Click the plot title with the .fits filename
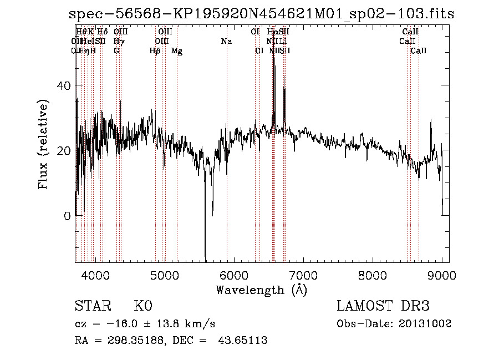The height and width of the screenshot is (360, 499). (x=261, y=14)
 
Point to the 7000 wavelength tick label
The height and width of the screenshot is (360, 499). (x=303, y=275)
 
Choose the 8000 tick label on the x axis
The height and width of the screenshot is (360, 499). (x=373, y=275)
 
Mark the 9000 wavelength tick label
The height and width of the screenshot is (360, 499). (x=442, y=275)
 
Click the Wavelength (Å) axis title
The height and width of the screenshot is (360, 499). (x=261, y=290)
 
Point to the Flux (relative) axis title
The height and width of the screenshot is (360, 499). (x=43, y=144)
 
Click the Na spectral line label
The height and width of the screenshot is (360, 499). (x=226, y=41)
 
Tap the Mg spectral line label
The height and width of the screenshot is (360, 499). (x=177, y=51)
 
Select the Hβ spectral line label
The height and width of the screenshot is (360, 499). (x=155, y=51)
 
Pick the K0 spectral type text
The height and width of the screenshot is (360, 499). (x=142, y=306)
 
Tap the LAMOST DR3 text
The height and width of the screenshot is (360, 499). (x=383, y=306)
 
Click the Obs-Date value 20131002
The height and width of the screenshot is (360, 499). (x=427, y=323)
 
